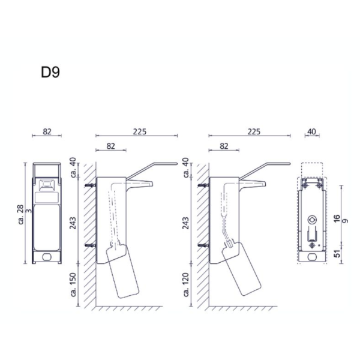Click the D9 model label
(50, 72)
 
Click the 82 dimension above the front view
(47, 131)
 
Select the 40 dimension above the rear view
(311, 132)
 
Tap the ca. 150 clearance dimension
(73, 284)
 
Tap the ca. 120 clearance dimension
(186, 284)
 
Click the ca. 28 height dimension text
(20, 214)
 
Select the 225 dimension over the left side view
(140, 131)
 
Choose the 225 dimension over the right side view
(254, 131)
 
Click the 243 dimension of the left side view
(73, 223)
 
